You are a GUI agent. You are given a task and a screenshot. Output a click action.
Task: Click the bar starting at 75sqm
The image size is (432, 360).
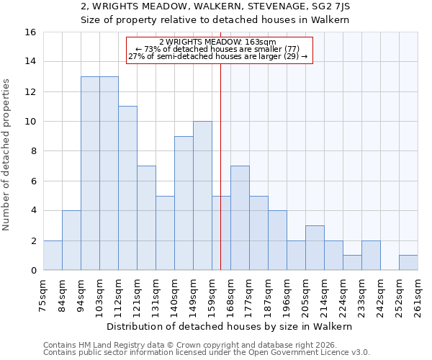(53, 255)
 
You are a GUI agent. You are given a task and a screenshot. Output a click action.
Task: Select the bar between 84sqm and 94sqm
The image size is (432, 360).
(71, 240)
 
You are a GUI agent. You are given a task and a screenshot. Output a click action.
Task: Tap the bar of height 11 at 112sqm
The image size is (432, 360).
(127, 188)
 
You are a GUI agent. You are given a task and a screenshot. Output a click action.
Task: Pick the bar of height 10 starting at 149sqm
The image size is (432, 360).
(202, 196)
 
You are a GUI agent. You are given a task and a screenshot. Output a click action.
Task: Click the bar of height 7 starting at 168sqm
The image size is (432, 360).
(240, 218)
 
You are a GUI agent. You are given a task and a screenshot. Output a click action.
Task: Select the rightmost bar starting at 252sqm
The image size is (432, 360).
(408, 263)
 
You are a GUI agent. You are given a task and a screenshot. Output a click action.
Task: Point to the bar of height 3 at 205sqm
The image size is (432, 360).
(315, 248)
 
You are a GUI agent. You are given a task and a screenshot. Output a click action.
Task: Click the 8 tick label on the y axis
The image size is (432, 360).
(32, 151)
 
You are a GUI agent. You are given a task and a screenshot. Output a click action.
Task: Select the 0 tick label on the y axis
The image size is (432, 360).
(32, 271)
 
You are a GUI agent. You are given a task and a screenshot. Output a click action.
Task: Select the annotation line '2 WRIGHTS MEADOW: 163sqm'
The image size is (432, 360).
(220, 42)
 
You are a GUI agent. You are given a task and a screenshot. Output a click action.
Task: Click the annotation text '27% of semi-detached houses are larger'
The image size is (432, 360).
(217, 56)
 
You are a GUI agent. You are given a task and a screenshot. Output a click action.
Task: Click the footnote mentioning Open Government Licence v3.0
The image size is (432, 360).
(207, 353)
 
